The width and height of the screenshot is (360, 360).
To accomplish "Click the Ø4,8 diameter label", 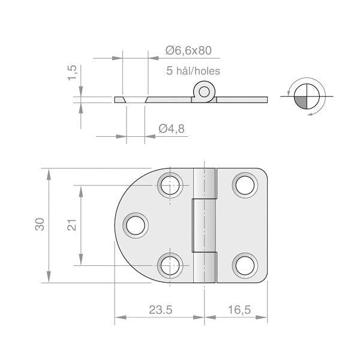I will pyautogui.click(x=171, y=128).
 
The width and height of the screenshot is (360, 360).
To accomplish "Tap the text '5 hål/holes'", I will pyautogui.click(x=193, y=71).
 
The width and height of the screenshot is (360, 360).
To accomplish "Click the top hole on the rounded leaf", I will pyautogui.click(x=170, y=185).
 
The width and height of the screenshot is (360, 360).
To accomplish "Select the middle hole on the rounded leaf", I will pyautogui.click(x=136, y=225).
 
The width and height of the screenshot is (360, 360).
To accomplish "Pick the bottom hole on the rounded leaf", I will pyautogui.click(x=170, y=264).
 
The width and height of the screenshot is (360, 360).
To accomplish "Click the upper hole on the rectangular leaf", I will pyautogui.click(x=244, y=185).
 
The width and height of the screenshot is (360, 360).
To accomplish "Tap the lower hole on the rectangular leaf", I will pyautogui.click(x=244, y=264).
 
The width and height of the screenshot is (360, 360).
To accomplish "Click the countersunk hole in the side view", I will pyautogui.click(x=135, y=100).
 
